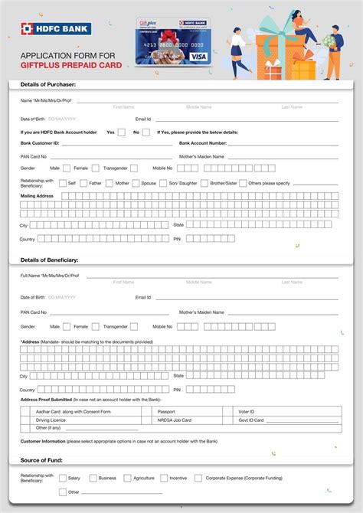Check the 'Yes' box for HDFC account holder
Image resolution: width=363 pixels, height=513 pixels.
[122, 132]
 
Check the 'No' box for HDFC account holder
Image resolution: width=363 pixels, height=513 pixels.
[146, 132]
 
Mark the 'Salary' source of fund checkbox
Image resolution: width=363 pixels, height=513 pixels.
[63, 478]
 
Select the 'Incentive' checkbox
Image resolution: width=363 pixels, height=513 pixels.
[164, 478]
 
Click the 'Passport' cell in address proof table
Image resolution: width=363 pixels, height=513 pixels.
[166, 412]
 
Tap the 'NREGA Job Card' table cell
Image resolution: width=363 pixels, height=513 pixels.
[175, 420]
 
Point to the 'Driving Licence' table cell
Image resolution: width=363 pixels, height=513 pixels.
[51, 420]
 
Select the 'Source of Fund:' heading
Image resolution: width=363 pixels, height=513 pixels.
[42, 460]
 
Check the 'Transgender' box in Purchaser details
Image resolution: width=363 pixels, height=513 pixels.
[133, 168]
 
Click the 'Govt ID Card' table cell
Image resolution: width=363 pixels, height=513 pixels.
[251, 420]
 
